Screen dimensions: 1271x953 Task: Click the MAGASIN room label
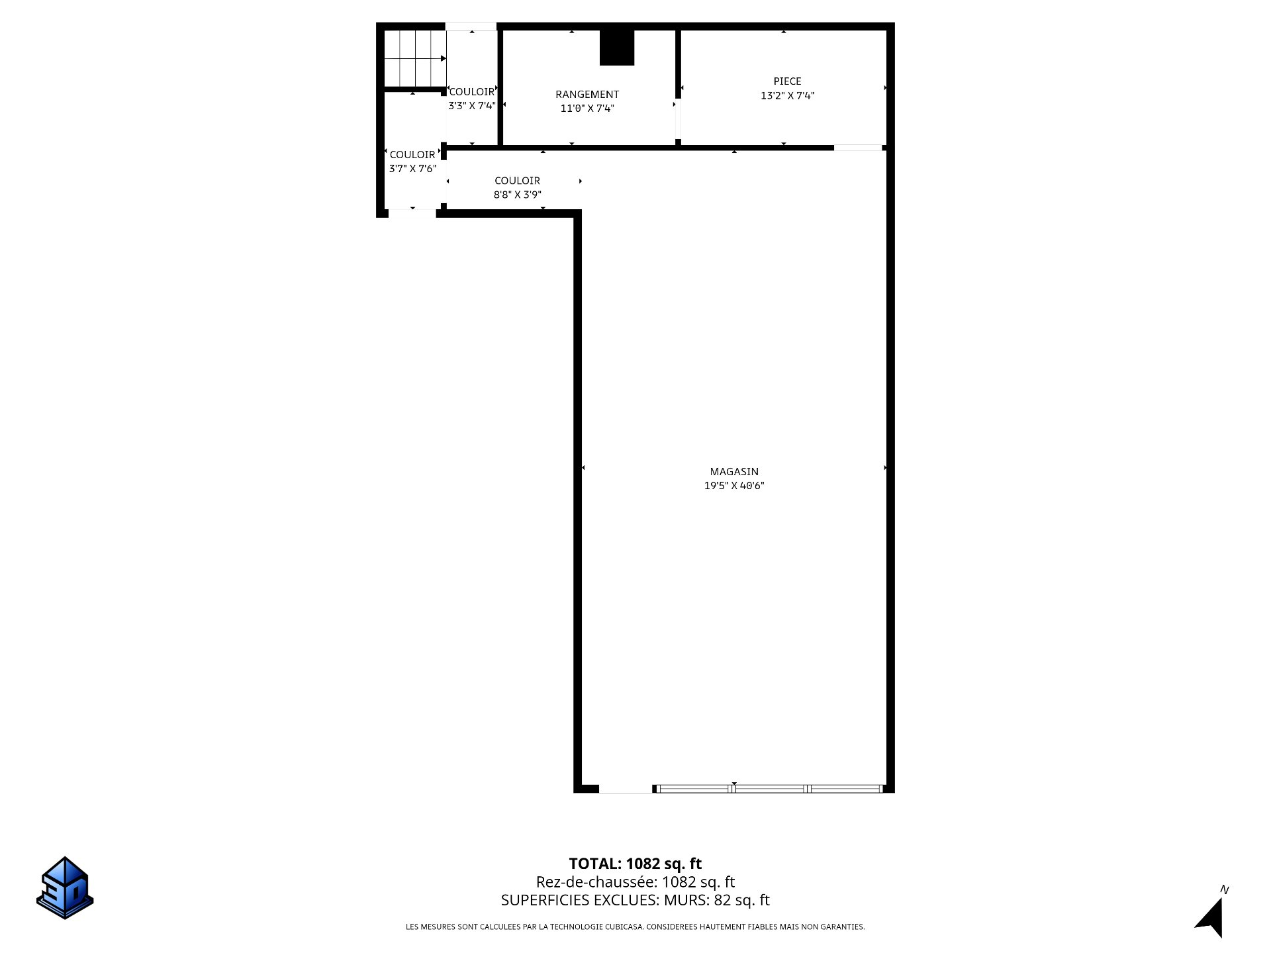(734, 472)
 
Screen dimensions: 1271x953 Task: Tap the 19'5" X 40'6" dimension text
(734, 486)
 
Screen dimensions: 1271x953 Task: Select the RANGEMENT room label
(587, 95)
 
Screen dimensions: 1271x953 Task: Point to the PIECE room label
(787, 81)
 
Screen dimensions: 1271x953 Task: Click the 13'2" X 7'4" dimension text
(787, 95)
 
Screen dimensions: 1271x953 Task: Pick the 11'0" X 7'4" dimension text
(587, 109)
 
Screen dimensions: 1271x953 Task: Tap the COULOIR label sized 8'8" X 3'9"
(517, 181)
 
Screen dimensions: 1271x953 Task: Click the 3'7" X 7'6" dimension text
(412, 169)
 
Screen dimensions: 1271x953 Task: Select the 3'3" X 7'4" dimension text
(472, 106)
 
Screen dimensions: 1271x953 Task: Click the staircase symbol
(415, 58)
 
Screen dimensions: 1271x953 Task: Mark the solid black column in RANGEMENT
(617, 48)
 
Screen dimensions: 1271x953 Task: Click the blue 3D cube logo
(65, 887)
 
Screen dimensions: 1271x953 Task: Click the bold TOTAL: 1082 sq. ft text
(635, 864)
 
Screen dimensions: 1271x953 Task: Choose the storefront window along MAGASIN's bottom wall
(769, 788)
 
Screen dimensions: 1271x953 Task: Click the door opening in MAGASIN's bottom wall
(626, 788)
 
